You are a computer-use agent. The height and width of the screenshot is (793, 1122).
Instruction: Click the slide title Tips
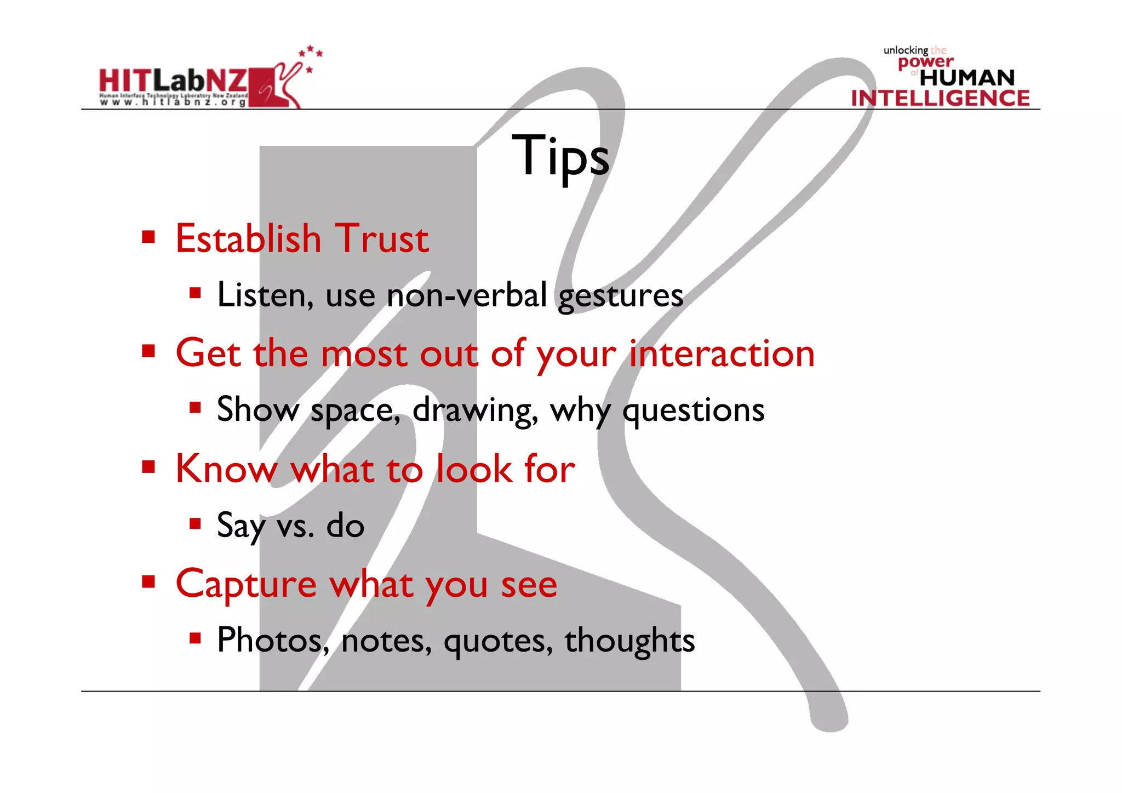(x=560, y=156)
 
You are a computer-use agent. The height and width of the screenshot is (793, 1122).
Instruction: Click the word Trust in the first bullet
(x=382, y=239)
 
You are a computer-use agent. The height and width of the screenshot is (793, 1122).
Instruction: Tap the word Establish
(x=248, y=239)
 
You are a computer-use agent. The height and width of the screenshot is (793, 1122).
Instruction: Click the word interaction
(x=722, y=353)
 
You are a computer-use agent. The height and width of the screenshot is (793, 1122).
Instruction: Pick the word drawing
(x=475, y=410)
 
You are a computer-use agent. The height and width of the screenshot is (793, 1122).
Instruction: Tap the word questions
(x=693, y=410)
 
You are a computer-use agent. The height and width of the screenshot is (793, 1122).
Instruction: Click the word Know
(x=226, y=469)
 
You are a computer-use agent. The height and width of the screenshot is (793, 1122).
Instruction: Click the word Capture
(x=246, y=585)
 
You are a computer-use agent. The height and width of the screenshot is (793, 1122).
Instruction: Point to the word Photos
(x=272, y=640)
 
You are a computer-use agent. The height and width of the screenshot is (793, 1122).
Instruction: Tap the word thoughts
(x=629, y=640)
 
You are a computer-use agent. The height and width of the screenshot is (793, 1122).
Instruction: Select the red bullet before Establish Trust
(x=148, y=237)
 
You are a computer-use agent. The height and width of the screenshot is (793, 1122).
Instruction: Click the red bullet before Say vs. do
(x=195, y=523)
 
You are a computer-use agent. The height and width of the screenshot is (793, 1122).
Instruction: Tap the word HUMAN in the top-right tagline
(x=967, y=78)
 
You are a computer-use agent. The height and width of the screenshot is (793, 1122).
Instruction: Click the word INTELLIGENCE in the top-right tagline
(x=940, y=98)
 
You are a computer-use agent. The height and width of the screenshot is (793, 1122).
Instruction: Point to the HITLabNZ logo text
(x=173, y=81)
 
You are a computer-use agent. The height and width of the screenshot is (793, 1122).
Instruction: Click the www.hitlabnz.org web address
(x=173, y=102)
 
